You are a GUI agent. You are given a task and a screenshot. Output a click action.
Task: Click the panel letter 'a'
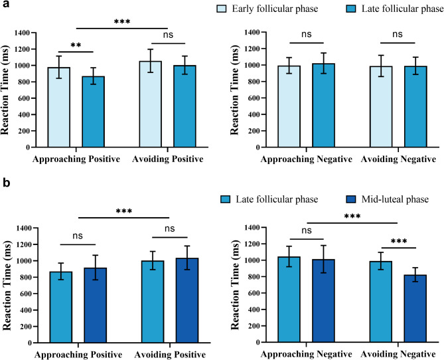point(5,5)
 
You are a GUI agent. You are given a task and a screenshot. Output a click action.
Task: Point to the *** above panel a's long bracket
point(121,22)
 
